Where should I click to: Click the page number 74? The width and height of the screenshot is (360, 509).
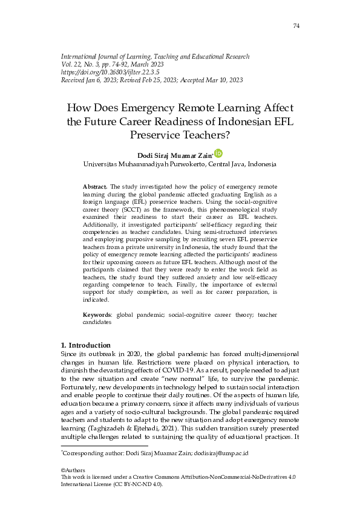[x=296, y=25]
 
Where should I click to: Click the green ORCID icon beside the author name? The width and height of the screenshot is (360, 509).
[x=218, y=154]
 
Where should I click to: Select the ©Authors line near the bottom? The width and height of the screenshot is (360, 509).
[x=73, y=470]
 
